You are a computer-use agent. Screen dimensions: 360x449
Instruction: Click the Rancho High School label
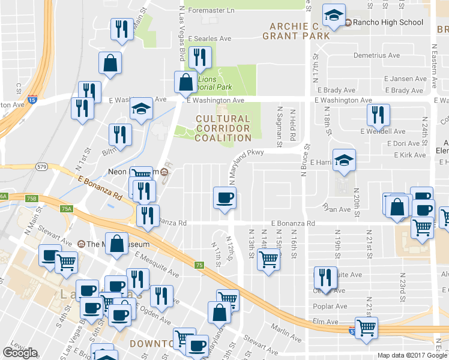pos(388,23)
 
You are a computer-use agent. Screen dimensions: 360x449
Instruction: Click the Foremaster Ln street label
pos(211,10)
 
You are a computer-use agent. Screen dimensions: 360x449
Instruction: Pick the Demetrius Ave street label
pos(376,55)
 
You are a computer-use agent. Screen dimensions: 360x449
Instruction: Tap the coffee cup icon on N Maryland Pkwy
pos(224,197)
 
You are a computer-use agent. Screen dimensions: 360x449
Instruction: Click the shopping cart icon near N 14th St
pos(268,259)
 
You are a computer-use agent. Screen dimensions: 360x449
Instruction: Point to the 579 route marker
pos(41,166)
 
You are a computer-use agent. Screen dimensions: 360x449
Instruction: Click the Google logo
pos(20,353)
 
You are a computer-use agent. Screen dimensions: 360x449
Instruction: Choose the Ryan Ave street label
pos(337,209)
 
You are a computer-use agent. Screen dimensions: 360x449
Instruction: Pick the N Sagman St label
pos(279,127)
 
